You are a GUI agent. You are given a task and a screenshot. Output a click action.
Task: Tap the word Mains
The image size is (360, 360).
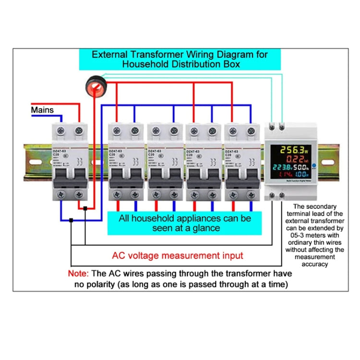click(42, 110)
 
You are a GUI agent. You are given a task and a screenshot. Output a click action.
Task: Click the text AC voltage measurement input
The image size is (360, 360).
click(178, 255)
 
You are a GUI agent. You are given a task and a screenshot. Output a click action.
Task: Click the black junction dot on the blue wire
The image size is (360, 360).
click(71, 220)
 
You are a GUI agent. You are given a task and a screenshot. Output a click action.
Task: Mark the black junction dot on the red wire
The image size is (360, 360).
click(85, 208)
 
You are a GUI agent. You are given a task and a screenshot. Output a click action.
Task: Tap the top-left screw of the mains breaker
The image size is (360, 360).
click(61, 130)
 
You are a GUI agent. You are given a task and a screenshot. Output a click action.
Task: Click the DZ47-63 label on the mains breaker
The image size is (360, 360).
click(60, 151)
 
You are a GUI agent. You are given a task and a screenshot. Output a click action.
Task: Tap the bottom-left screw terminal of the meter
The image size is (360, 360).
click(273, 196)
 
